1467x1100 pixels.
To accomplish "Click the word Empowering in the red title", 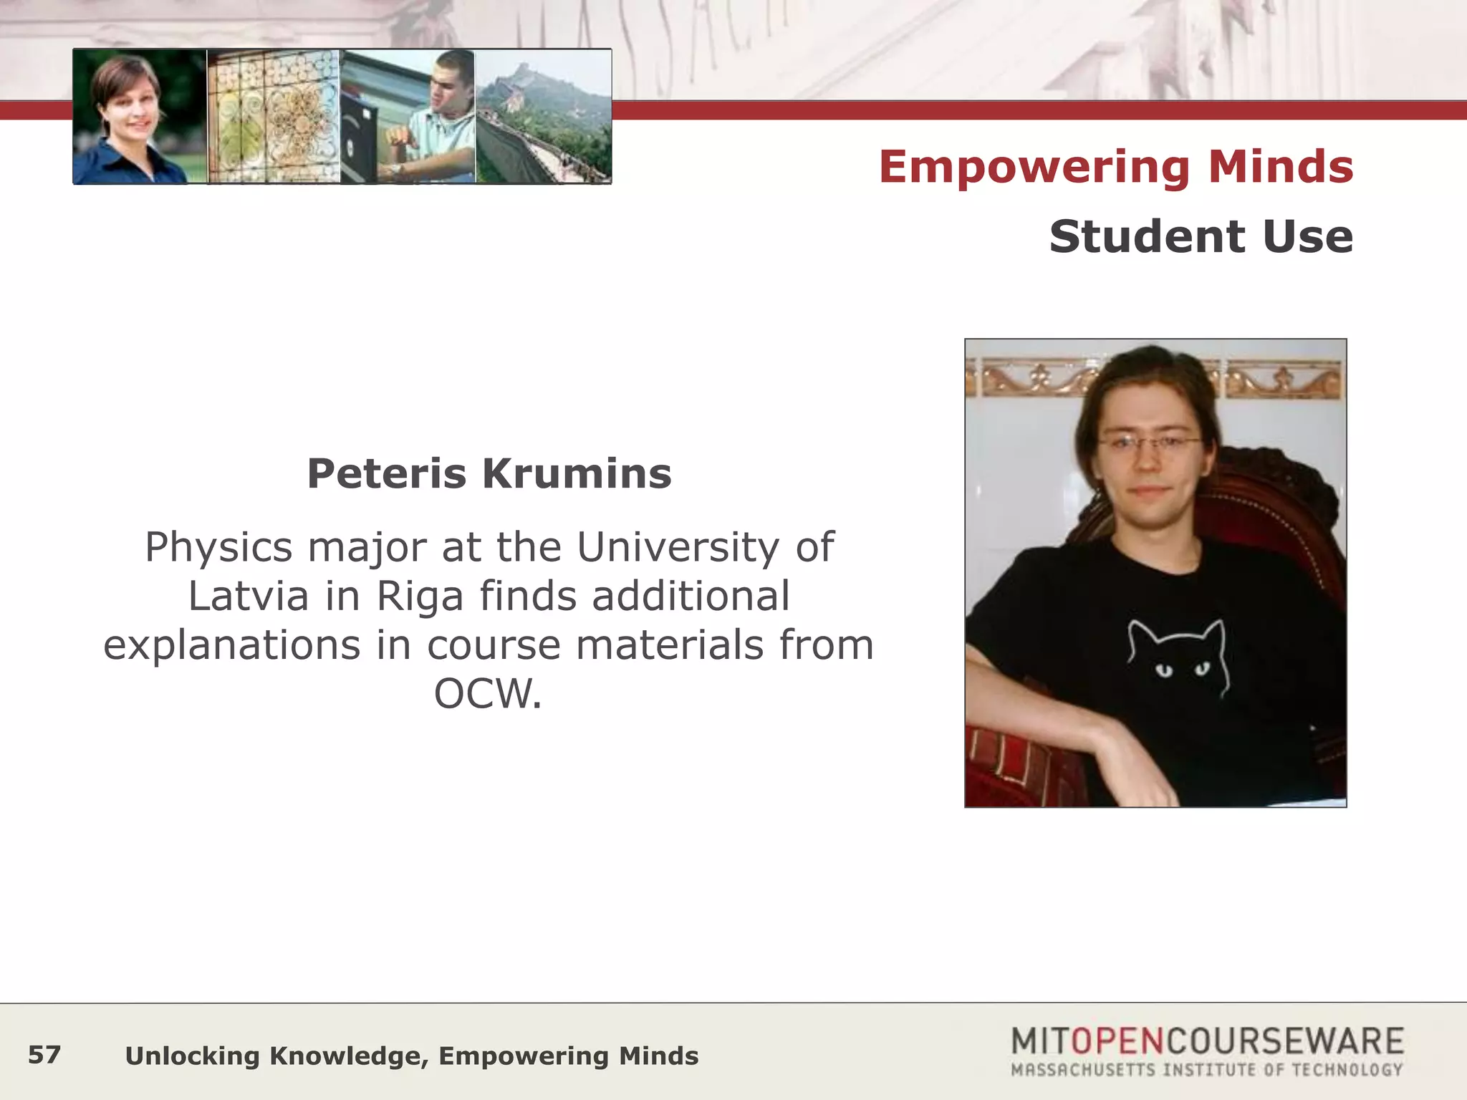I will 1034,168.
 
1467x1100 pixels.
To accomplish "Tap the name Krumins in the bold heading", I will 577,474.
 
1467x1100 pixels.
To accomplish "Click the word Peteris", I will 386,474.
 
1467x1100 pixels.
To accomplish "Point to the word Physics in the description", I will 218,549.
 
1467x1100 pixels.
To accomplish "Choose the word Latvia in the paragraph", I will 248,597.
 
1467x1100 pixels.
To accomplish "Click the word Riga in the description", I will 420,597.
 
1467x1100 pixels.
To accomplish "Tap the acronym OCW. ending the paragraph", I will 488,694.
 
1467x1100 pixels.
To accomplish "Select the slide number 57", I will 44,1055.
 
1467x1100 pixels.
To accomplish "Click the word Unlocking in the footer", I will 192,1056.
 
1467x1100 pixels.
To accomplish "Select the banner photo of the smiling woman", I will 140,117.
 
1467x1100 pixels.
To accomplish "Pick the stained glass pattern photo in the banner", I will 274,117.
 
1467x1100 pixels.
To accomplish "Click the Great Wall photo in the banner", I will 544,117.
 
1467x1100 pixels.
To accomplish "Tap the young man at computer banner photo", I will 408,117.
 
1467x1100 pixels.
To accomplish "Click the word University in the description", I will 678,549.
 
